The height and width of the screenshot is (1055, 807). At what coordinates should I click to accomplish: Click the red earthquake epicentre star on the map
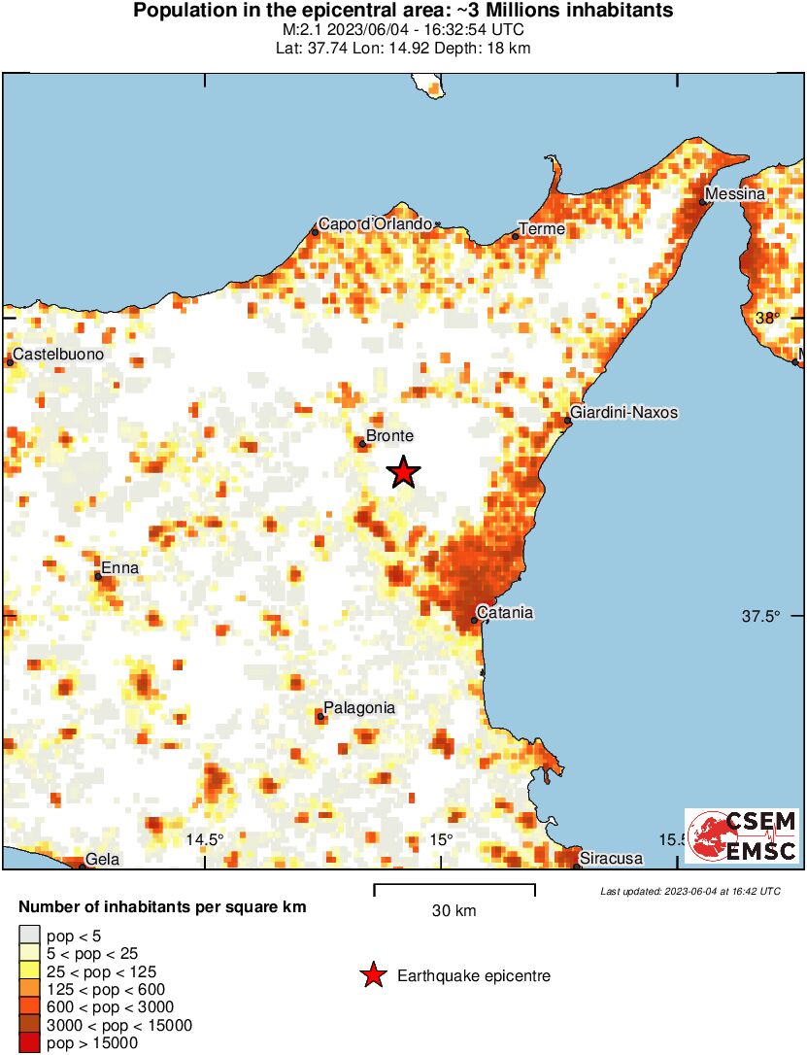404,472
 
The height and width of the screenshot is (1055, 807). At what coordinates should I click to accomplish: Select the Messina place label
735,194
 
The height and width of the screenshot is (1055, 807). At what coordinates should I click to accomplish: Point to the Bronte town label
389,437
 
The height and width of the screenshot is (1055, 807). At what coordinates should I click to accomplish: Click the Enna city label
119,568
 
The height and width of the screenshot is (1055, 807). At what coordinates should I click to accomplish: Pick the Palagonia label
359,708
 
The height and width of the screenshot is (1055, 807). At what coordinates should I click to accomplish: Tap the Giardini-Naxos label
623,413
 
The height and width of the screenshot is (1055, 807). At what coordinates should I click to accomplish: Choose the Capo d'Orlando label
376,224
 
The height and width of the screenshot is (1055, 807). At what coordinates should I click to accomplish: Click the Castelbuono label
58,355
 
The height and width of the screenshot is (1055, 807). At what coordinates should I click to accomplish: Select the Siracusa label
611,859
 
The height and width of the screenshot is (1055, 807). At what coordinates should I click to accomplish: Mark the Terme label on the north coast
542,229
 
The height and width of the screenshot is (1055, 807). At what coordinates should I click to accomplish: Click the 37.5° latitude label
760,616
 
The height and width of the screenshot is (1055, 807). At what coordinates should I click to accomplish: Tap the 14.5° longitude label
205,839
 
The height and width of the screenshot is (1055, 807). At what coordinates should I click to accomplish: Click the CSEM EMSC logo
742,835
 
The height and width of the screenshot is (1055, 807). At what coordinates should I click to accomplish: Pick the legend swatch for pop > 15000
29,1043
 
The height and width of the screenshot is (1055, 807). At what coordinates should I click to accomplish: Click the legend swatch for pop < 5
29,935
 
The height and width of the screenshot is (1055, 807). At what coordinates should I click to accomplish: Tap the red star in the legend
373,976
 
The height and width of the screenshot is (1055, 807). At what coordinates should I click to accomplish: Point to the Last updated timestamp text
689,891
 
